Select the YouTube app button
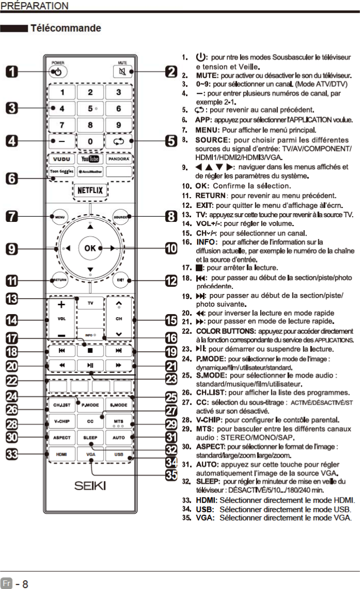pos(90,159)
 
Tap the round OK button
pos(90,248)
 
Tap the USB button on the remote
pos(119,455)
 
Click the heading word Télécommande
pos(66,27)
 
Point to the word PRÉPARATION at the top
pos(35,5)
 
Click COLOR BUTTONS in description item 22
pos(225,331)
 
